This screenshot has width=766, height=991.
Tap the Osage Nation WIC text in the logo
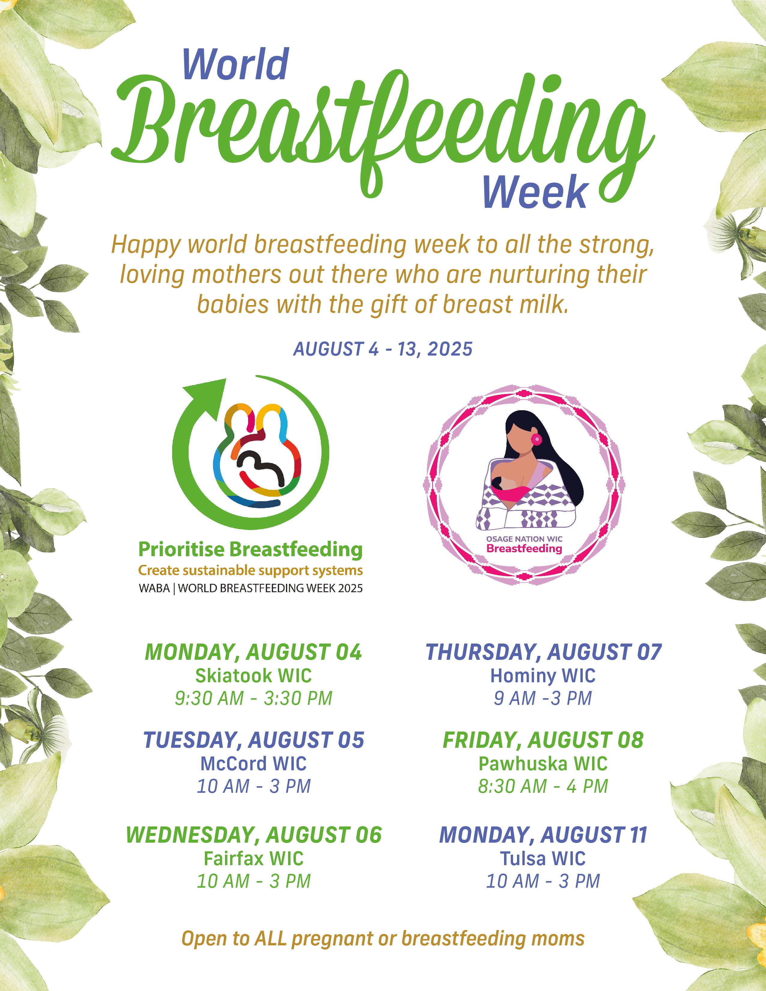pos(524,539)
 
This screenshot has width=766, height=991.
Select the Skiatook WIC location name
pos(254,676)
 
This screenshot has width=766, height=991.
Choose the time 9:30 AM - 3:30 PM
pos(254,698)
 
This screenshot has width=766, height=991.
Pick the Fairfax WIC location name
pos(254,859)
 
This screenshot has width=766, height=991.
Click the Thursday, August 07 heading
pos(543,652)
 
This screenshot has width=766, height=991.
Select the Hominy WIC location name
pos(543,676)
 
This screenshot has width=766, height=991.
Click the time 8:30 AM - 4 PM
pos(543,786)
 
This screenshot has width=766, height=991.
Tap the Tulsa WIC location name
pos(543,859)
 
